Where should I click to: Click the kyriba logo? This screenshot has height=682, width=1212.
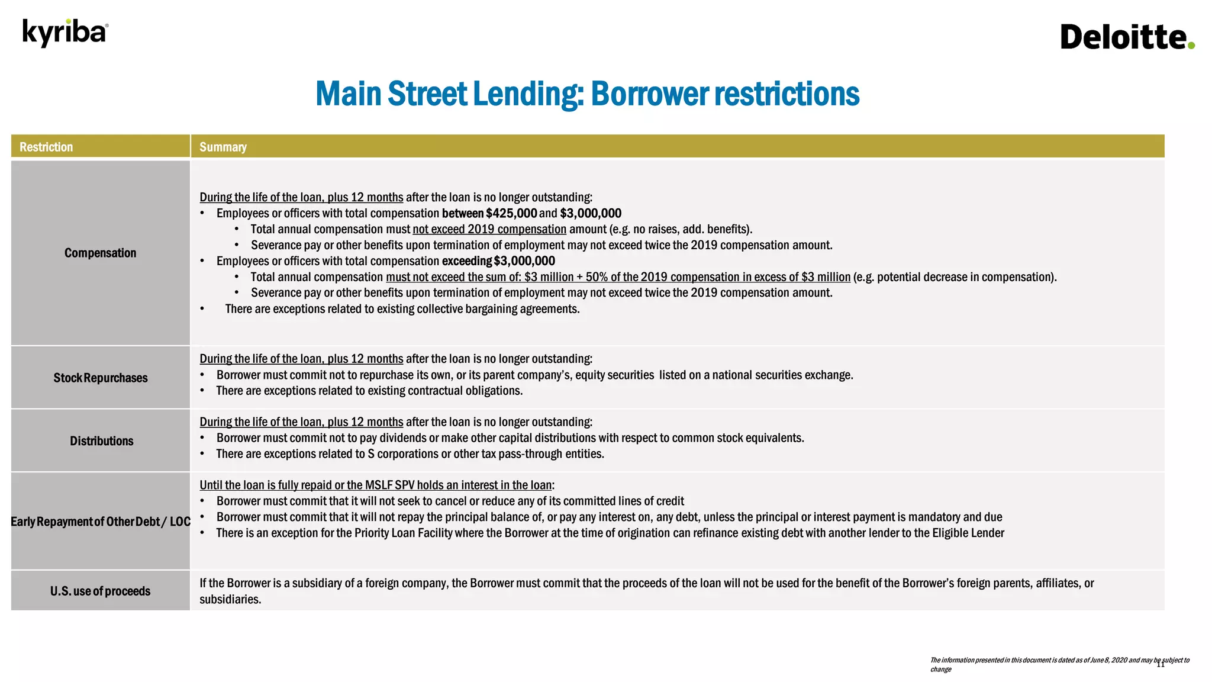pyautogui.click(x=65, y=33)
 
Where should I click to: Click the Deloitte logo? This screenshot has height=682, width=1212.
pyautogui.click(x=1123, y=37)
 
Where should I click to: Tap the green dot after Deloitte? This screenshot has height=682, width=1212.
pyautogui.click(x=1191, y=45)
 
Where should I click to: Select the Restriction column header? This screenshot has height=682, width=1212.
pyautogui.click(x=46, y=147)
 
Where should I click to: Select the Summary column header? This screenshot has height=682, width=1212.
pyautogui.click(x=223, y=147)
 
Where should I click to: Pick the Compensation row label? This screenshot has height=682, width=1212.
pyautogui.click(x=100, y=253)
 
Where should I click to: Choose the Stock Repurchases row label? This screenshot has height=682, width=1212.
pyautogui.click(x=100, y=378)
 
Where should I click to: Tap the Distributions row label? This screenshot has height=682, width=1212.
pyautogui.click(x=101, y=441)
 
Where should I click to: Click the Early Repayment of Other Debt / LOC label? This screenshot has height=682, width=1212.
pyautogui.click(x=100, y=522)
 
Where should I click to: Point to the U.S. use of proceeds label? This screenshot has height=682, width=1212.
pyautogui.click(x=100, y=591)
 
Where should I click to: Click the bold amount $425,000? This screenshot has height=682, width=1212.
pyautogui.click(x=511, y=213)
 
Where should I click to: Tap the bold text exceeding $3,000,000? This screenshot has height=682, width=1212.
pyautogui.click(x=498, y=261)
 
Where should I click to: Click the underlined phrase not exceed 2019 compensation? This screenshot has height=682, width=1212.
pyautogui.click(x=489, y=229)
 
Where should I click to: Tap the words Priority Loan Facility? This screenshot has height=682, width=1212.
pyautogui.click(x=403, y=533)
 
